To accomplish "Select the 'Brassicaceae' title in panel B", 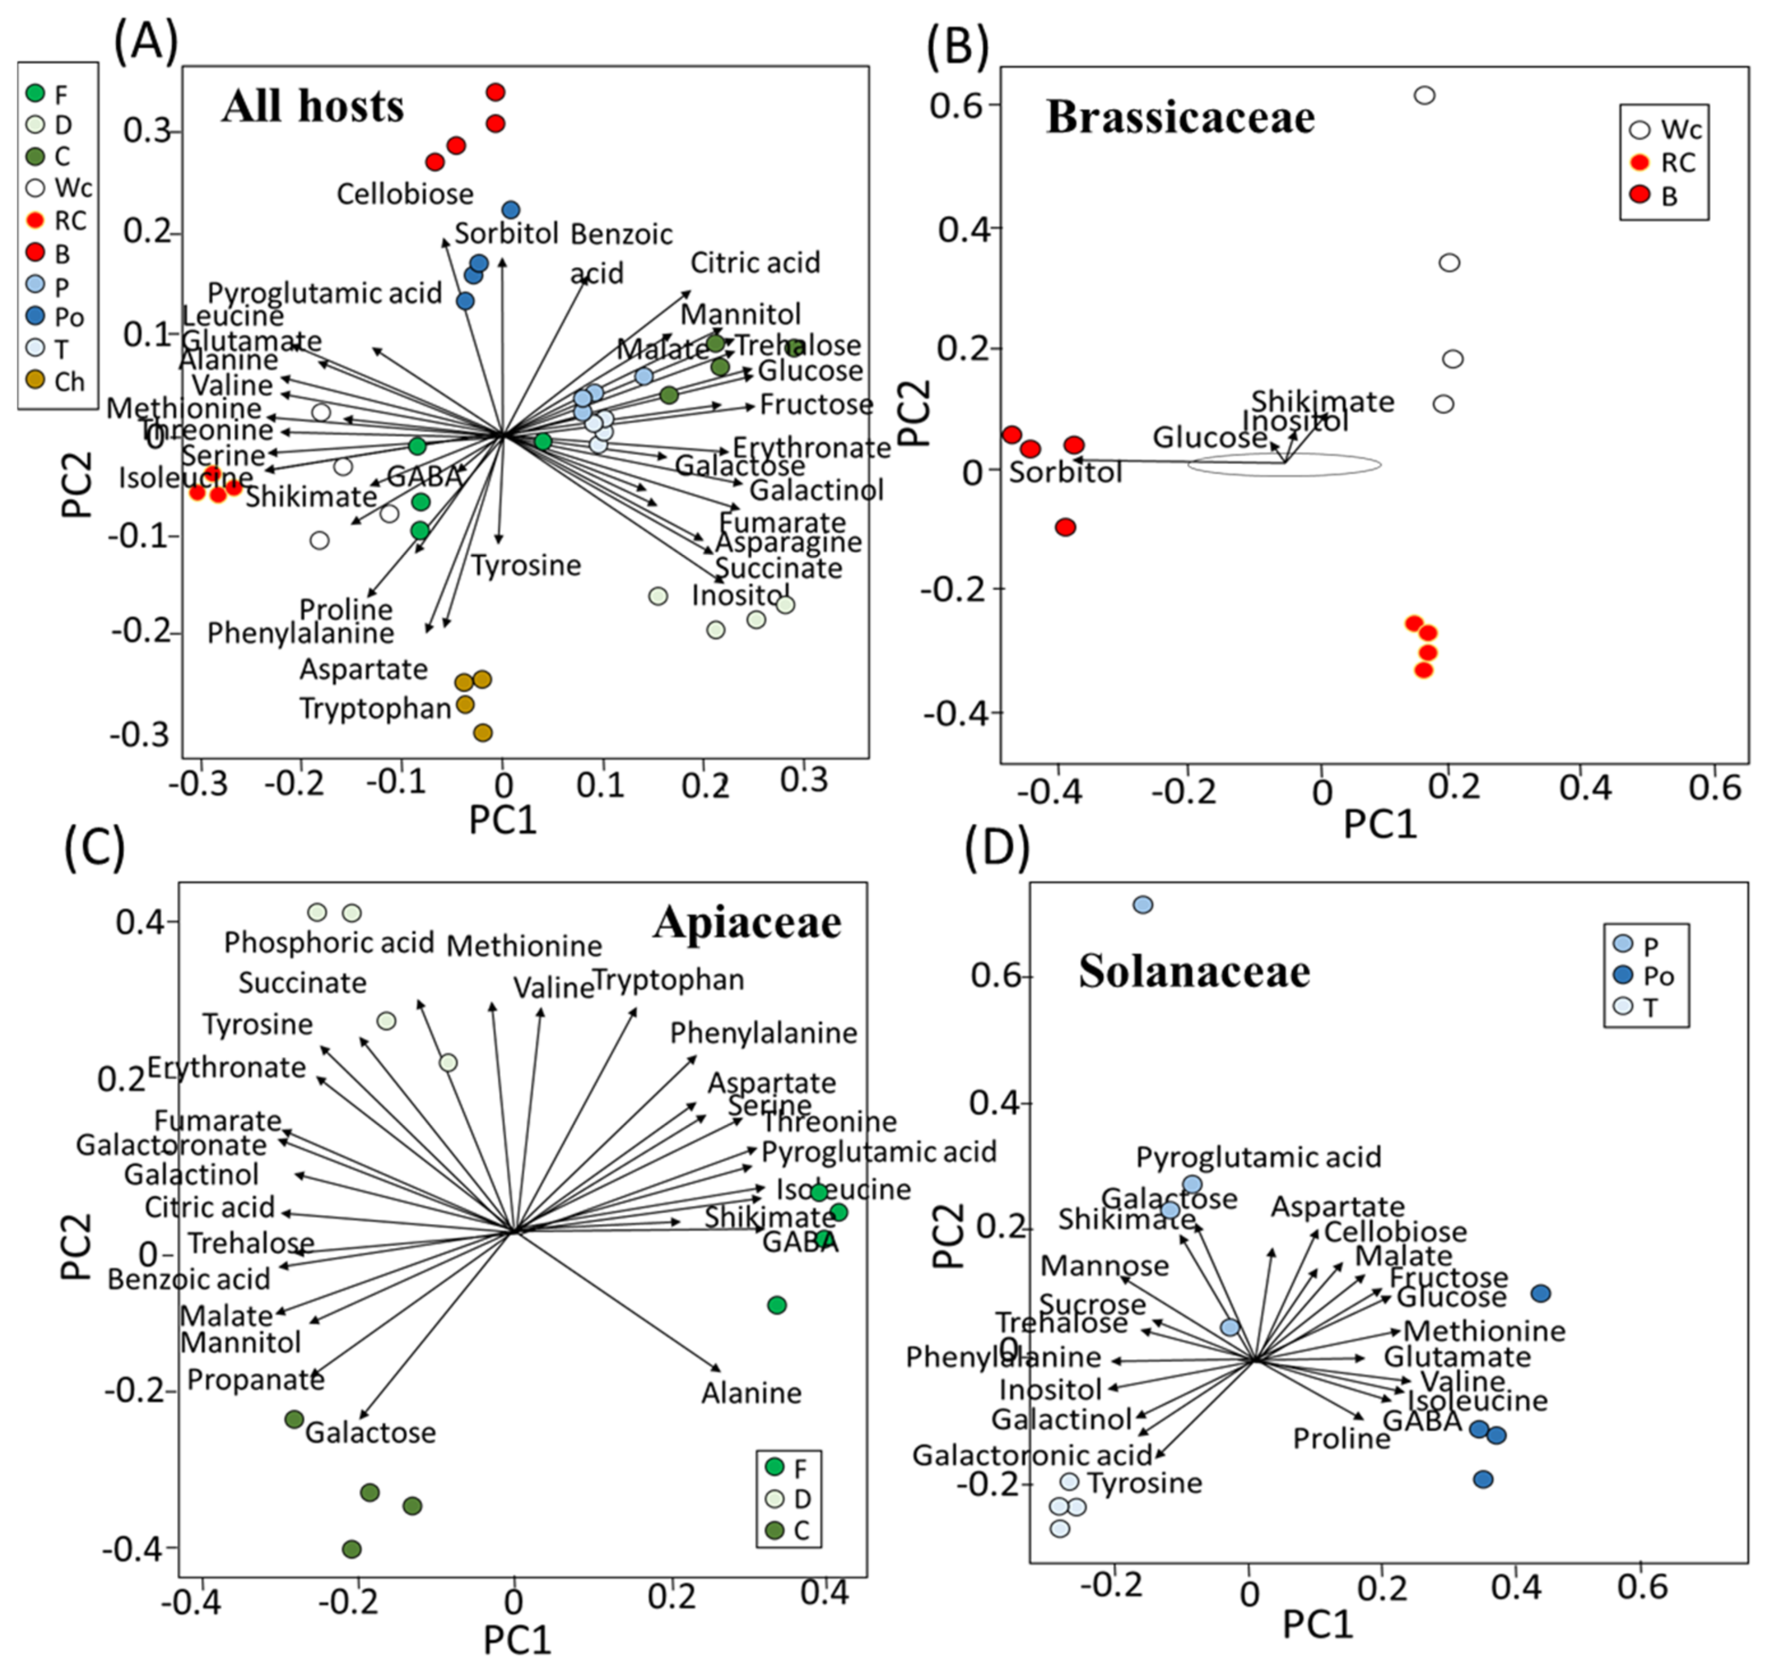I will pyautogui.click(x=1180, y=117).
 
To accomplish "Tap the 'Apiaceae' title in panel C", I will pyautogui.click(x=747, y=923).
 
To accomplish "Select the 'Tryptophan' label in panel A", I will pyautogui.click(x=375, y=708).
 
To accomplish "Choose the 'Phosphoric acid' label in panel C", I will pyautogui.click(x=329, y=942).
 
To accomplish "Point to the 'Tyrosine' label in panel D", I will pyautogui.click(x=1144, y=1483).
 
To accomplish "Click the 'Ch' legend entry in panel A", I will pyautogui.click(x=55, y=381).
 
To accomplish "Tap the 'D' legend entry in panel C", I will pyautogui.click(x=789, y=1499).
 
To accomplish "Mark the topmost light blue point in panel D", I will pyautogui.click(x=1142, y=905).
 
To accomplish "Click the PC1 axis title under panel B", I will pyautogui.click(x=1379, y=825).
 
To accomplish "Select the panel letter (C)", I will pyautogui.click(x=94, y=848).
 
